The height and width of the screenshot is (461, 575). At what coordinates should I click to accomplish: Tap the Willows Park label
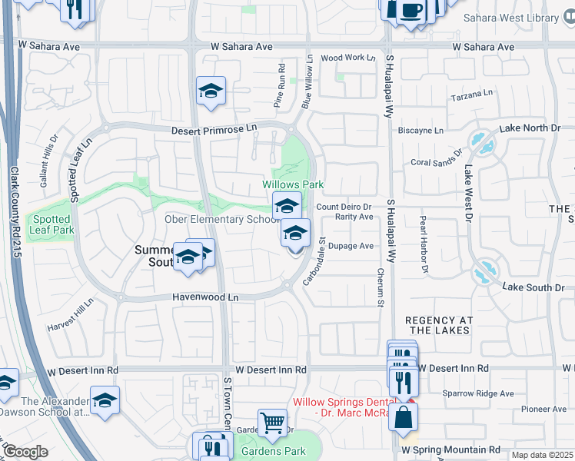click(293, 184)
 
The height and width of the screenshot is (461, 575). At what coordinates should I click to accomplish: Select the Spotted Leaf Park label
click(52, 224)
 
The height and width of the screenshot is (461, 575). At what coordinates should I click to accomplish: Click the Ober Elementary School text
click(222, 220)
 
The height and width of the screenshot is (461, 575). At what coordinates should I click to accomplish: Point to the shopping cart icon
click(272, 422)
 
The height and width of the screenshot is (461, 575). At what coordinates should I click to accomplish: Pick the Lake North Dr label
click(530, 128)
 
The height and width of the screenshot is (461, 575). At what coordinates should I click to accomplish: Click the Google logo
click(25, 452)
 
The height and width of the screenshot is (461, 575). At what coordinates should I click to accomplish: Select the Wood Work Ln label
click(347, 58)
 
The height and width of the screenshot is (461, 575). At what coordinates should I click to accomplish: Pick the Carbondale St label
click(314, 261)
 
